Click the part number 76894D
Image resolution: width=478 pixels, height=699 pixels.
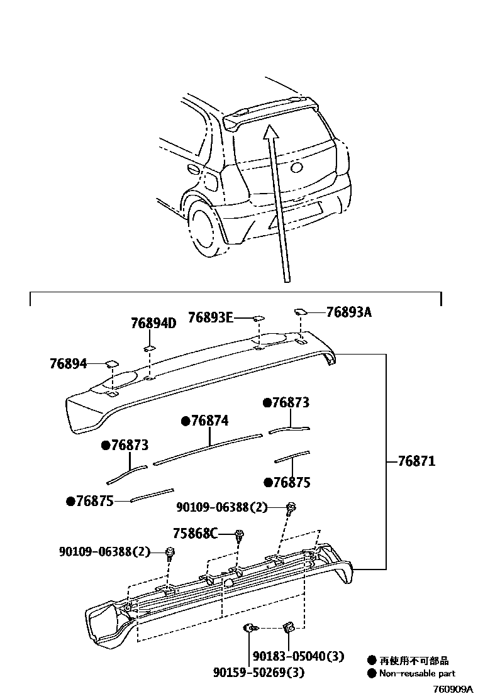click(153, 324)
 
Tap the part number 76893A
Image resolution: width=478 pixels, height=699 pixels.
click(348, 311)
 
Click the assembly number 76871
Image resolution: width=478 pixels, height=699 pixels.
click(416, 461)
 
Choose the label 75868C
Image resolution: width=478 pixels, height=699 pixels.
click(194, 534)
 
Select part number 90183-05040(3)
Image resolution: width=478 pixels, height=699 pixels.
click(298, 656)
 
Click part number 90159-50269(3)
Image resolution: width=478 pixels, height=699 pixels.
click(258, 673)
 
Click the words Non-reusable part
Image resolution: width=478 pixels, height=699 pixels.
click(417, 673)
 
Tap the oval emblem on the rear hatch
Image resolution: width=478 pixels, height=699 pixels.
click(296, 168)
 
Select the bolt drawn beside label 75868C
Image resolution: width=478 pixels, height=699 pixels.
click(240, 536)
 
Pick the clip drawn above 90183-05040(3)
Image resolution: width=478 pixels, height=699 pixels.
click(289, 626)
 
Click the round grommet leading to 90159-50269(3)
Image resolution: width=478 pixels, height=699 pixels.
click(249, 627)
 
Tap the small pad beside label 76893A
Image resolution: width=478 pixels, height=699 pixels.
click(300, 311)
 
